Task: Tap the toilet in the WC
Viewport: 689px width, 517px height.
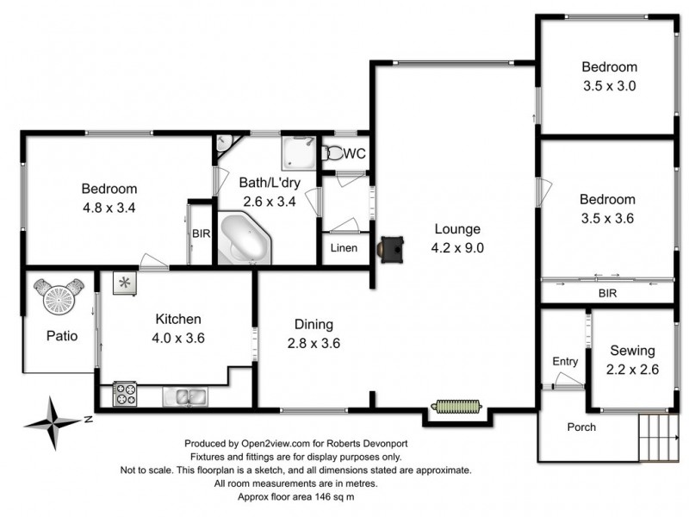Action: point(332,153)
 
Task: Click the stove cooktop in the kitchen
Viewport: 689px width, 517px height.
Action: point(125,393)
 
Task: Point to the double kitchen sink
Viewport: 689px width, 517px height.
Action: point(184,396)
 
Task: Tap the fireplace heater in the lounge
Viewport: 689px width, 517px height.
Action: point(392,247)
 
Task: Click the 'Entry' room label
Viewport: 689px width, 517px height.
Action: point(565,361)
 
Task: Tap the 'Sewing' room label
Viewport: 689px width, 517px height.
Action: point(632,351)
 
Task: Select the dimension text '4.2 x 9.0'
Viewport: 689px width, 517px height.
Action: point(456,247)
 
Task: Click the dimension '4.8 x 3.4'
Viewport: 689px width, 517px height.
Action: point(109,207)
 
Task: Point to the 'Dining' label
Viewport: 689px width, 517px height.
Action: point(314,324)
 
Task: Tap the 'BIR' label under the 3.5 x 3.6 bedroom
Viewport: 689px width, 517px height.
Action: point(607,294)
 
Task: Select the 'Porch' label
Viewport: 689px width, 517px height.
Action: point(581,427)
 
